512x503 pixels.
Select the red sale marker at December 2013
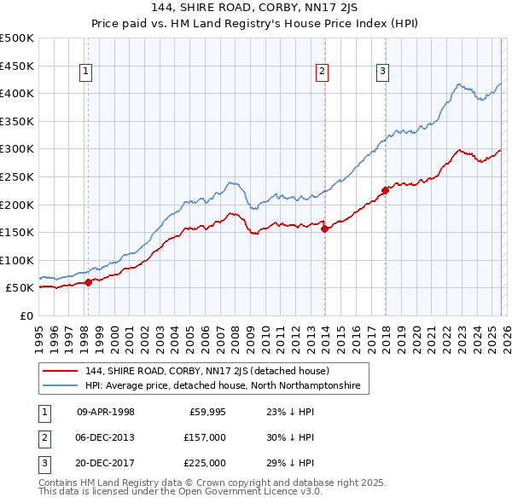pos(324,228)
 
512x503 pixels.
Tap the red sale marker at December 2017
pos(386,190)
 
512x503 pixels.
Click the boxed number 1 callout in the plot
pos(87,72)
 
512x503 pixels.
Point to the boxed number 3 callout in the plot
pos(383,72)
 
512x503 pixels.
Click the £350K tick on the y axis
pos(17,122)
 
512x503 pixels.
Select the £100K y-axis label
pos(17,260)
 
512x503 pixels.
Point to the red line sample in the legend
pos(61,371)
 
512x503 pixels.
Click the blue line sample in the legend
pos(61,386)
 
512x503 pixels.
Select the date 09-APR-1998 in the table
pos(106,411)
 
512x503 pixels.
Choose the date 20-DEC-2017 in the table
pos(106,463)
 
